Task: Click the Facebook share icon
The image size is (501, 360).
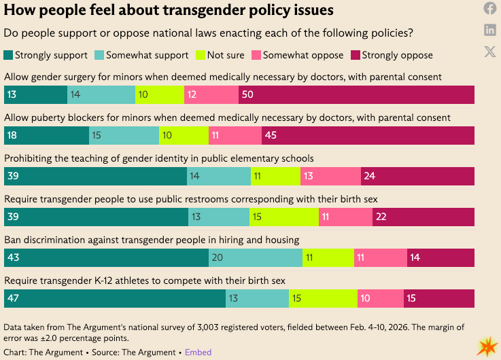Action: (x=489, y=9)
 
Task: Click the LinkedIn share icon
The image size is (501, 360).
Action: (x=489, y=29)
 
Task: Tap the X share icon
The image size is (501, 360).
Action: (x=489, y=52)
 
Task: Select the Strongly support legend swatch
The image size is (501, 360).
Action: (x=8, y=55)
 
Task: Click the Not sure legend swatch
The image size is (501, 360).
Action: (x=199, y=55)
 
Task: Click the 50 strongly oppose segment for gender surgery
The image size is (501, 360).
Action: (x=356, y=95)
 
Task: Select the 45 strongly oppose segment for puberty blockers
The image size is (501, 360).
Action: (x=368, y=135)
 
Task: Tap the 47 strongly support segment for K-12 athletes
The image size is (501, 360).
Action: (x=115, y=298)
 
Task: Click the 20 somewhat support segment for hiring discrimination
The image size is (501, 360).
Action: (x=256, y=257)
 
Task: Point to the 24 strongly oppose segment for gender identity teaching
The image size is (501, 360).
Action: (x=417, y=176)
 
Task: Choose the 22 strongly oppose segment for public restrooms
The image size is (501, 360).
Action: (x=423, y=217)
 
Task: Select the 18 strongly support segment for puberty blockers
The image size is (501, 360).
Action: (x=46, y=135)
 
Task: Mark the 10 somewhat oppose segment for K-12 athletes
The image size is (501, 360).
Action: (x=381, y=298)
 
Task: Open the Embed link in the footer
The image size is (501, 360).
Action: (x=198, y=352)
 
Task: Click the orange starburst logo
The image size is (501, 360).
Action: (x=487, y=346)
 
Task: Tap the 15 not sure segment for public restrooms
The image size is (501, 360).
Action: (x=284, y=217)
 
